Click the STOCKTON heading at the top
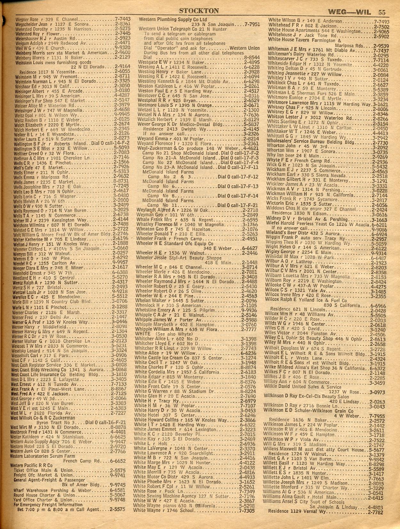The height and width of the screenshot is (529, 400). tap(199, 11)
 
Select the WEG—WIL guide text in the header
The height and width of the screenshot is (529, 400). tap(349, 12)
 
